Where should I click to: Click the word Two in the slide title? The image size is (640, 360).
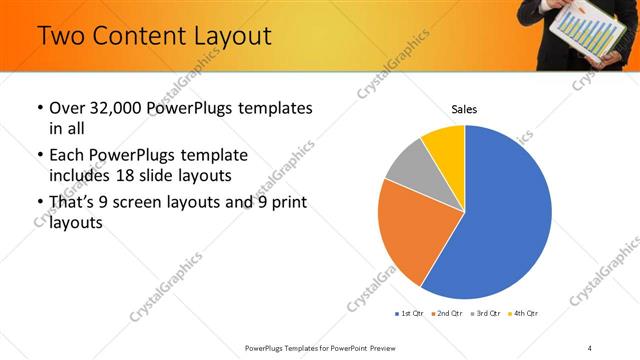[63, 37]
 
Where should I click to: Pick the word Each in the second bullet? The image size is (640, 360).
[66, 156]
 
